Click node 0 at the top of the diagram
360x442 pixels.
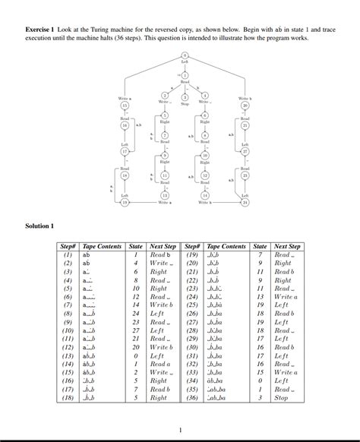(x=185, y=56)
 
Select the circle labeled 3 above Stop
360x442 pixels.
(x=185, y=96)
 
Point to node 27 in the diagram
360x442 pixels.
(x=245, y=151)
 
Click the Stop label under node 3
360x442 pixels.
(x=185, y=103)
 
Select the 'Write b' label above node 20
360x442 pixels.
(x=245, y=99)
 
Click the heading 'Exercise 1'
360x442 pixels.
(x=42, y=28)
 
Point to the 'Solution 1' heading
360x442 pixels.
(x=40, y=226)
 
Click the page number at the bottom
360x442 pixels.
(x=180, y=430)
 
